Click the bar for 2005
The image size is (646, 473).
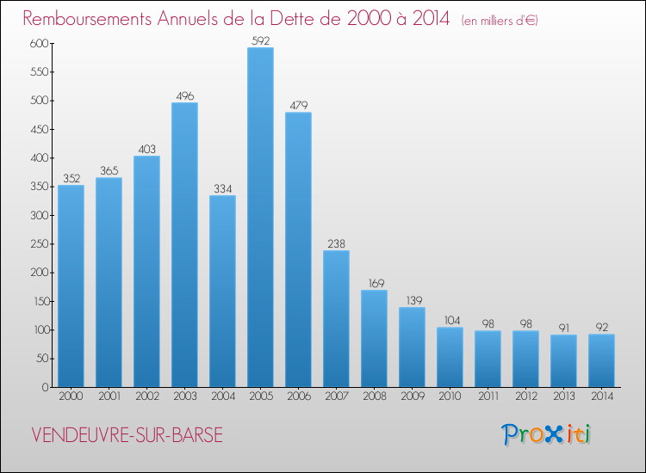260,217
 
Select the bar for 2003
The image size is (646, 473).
184,244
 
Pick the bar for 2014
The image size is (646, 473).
601,360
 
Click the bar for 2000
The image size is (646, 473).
71,286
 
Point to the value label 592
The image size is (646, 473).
260,39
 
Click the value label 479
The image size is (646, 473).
298,104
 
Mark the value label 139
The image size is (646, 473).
412,298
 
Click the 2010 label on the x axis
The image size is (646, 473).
450,397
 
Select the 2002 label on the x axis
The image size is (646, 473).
146,397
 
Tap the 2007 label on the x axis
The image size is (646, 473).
336,397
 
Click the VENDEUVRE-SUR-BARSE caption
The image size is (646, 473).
127,435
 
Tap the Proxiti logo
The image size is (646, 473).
547,434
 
